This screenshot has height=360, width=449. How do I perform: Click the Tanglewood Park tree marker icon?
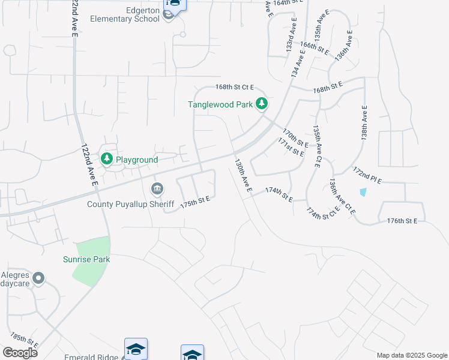262,104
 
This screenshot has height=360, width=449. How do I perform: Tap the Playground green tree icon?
107,158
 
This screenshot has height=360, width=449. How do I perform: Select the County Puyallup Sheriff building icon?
157,189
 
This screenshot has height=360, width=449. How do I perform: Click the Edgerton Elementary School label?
125,14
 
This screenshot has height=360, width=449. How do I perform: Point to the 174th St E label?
279,194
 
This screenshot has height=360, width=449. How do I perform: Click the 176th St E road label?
402,221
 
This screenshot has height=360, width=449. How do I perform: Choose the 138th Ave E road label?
364,122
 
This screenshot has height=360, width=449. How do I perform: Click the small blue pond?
363,192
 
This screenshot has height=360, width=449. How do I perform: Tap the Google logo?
20,352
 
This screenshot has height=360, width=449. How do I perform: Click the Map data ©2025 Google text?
411,355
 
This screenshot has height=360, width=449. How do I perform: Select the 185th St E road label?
25,340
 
